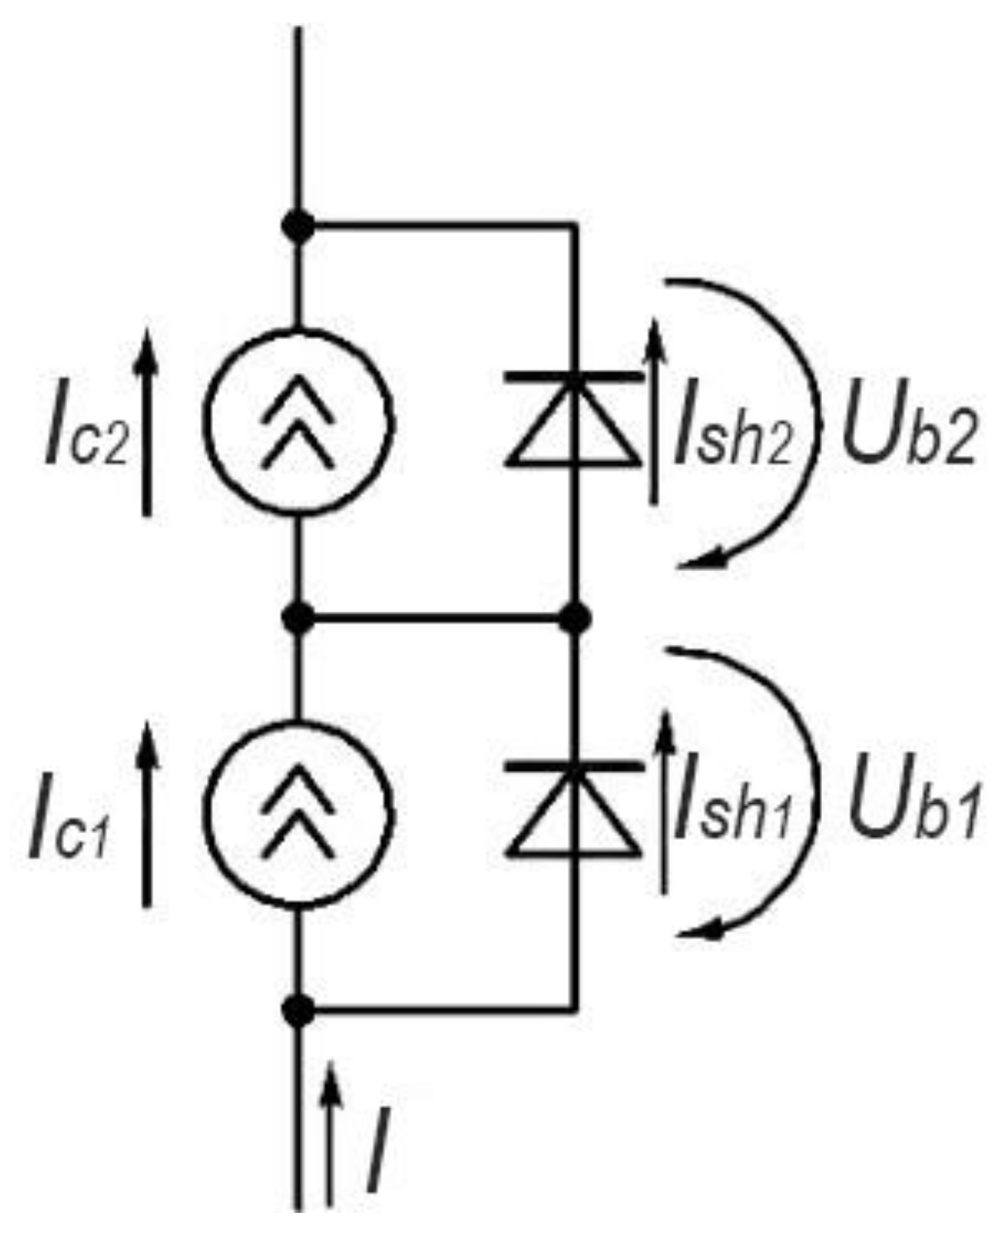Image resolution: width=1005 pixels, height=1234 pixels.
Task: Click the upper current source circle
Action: point(300,423)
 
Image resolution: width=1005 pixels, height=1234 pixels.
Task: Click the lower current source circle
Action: point(300,816)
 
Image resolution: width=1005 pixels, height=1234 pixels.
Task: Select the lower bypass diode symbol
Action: point(574,810)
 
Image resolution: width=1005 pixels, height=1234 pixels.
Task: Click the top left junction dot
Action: point(300,225)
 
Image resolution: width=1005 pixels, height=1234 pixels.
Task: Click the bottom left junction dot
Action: point(300,1009)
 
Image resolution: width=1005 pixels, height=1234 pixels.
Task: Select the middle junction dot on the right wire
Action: point(575,619)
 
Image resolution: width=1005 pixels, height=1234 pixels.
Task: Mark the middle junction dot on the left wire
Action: point(300,619)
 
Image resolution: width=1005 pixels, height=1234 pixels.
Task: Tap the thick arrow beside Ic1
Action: point(148,814)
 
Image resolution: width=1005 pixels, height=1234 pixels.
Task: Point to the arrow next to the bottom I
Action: point(330,1130)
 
